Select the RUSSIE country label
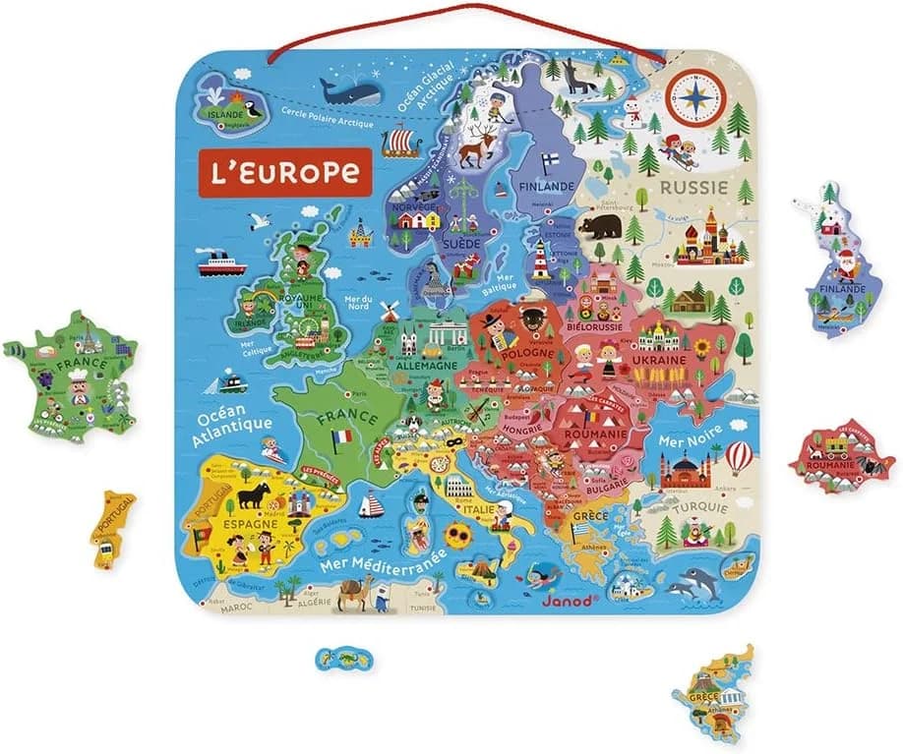click(x=693, y=187)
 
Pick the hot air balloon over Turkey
click(x=738, y=455)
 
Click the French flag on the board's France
click(x=341, y=435)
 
